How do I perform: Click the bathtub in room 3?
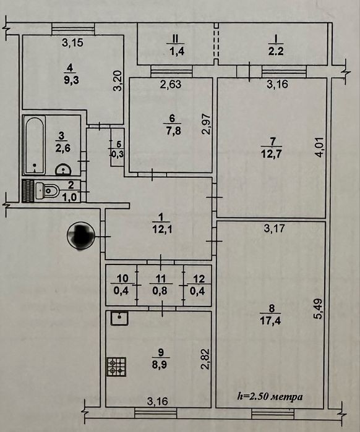point(35,145)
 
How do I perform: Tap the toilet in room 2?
point(47,190)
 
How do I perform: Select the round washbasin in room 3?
point(63,170)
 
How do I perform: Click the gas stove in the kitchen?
point(117,366)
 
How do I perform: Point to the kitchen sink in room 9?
point(119,318)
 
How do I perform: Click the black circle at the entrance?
point(81,236)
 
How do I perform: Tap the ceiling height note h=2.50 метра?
point(270,397)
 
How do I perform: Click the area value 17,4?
point(270,321)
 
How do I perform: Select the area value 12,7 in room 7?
point(272,154)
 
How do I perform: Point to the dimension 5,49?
point(318,308)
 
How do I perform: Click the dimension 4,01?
point(320,147)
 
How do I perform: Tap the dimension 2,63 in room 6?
point(171,84)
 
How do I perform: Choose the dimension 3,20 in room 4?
point(118,81)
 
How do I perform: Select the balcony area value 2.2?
point(276,51)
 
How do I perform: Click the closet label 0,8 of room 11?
point(160,290)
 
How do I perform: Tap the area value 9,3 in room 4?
point(71,80)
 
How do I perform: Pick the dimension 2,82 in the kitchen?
point(206,359)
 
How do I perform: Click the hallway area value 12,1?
point(162,229)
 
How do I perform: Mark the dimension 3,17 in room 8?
point(275,229)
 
